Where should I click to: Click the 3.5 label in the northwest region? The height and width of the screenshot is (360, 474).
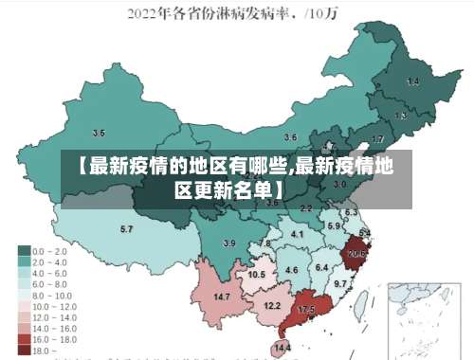99,134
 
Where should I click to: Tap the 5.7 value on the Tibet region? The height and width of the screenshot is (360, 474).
126,229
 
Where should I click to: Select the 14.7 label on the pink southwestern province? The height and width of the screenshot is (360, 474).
222,297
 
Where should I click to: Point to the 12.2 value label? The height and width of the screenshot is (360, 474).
272,305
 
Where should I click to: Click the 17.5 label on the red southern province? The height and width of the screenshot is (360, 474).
306,310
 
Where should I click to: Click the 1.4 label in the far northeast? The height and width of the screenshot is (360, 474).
412,82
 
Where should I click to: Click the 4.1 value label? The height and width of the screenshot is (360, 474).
298,234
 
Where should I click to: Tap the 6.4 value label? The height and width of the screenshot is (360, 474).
321,267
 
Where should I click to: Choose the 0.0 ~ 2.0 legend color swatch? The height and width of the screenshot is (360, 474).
24,250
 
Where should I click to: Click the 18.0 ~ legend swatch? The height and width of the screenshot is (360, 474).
24,350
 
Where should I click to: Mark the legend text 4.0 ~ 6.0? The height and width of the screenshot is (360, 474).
48,273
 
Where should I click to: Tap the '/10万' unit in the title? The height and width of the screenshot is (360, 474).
328,13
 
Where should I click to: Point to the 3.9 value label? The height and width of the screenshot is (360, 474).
229,243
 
